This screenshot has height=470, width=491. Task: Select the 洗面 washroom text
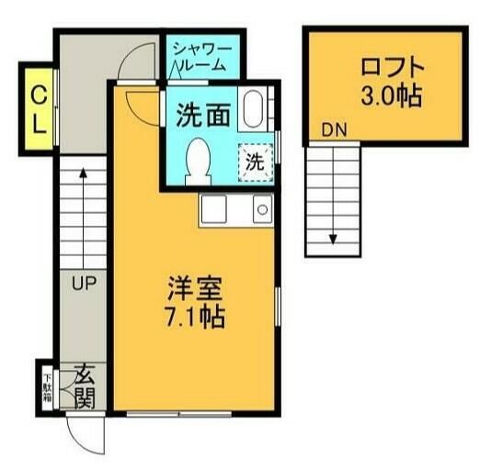202,117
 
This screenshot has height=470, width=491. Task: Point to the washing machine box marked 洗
256,163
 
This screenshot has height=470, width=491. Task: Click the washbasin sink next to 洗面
254,111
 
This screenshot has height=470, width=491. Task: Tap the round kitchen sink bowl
261,210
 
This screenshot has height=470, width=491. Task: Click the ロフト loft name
393,68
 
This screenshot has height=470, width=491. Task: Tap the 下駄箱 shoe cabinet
46,386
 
